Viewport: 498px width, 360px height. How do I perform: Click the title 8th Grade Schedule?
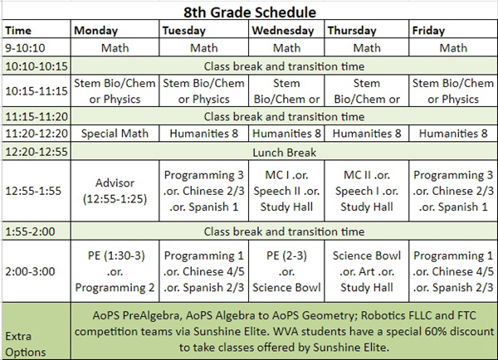(250, 12)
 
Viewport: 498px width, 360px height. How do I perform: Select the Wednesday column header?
(283, 31)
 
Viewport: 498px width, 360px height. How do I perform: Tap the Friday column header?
(428, 31)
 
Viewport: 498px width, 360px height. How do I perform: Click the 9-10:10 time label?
(25, 48)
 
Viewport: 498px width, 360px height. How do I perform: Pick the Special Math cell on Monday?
(115, 134)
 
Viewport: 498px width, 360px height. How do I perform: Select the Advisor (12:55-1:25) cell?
(115, 191)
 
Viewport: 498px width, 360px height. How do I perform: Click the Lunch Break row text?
(284, 153)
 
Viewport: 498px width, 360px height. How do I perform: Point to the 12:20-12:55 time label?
(37, 152)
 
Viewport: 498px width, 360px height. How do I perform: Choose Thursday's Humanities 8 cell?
(367, 134)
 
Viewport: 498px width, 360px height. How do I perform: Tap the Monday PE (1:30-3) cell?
(115, 271)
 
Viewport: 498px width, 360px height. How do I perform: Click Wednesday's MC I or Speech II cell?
(286, 191)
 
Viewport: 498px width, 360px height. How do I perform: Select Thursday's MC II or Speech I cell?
(367, 191)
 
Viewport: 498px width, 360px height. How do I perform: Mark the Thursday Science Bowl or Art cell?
(367, 271)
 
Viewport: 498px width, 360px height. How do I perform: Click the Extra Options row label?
(26, 344)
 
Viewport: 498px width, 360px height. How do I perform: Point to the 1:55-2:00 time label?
(30, 231)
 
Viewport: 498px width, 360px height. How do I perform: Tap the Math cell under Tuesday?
(204, 48)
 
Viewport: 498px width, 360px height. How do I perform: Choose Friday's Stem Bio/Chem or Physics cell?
(453, 91)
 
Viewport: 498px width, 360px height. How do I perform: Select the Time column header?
(18, 31)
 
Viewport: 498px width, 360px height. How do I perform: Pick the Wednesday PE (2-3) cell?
(286, 271)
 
